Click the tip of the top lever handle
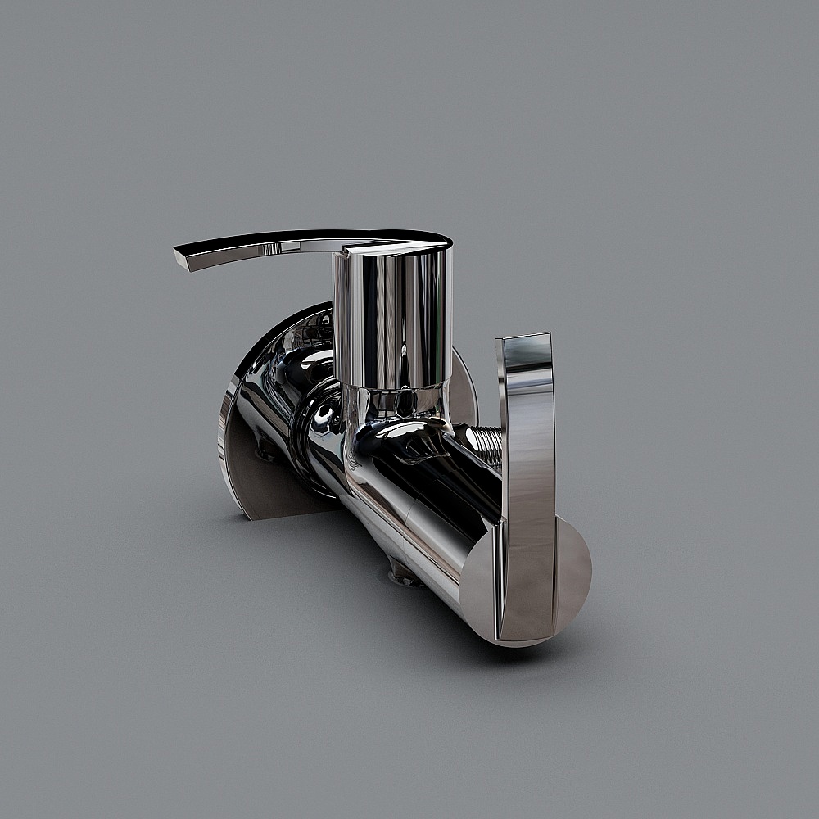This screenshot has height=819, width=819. [x=182, y=257]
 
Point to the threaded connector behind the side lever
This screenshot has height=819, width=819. [x=484, y=446]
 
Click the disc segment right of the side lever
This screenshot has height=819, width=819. [x=573, y=573]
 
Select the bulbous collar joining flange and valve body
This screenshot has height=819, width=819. [x=324, y=434]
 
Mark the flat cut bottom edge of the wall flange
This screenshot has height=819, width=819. [x=287, y=514]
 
